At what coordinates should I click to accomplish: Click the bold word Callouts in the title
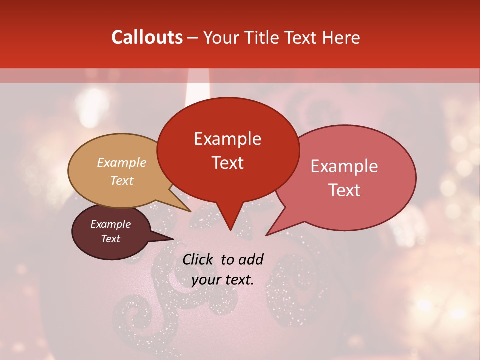click(x=147, y=37)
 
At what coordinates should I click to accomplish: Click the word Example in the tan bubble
click(x=122, y=163)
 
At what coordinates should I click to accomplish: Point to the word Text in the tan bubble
click(x=122, y=180)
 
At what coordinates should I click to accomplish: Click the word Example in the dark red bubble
click(x=228, y=139)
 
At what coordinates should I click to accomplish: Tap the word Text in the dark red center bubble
click(x=228, y=163)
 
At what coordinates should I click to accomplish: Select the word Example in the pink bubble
click(x=344, y=166)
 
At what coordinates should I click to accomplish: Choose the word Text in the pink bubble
click(x=344, y=190)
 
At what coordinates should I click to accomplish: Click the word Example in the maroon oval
click(x=111, y=224)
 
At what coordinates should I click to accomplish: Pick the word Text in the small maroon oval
click(x=111, y=239)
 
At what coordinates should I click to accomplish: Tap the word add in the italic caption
click(x=251, y=259)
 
